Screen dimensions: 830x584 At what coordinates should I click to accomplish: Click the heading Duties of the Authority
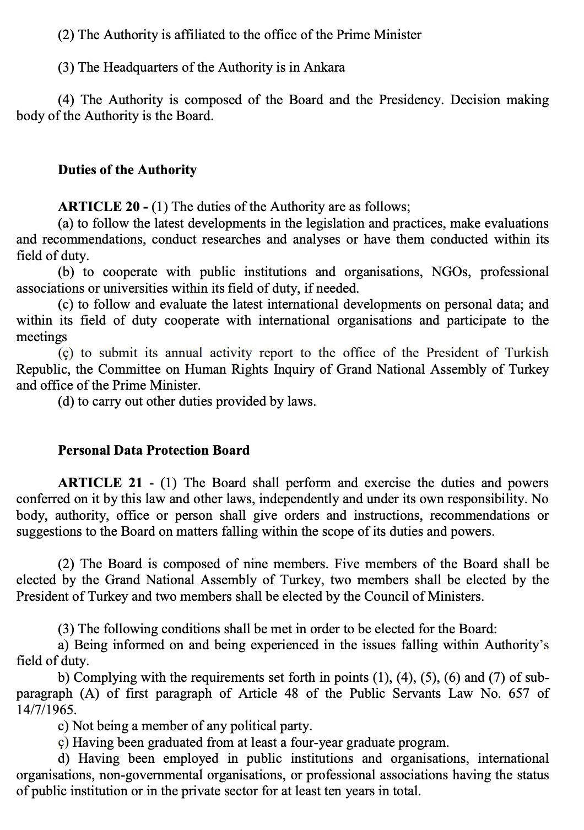127,170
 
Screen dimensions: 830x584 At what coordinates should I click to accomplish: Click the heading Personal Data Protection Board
154,450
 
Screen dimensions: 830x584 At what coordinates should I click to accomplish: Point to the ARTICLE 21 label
100,483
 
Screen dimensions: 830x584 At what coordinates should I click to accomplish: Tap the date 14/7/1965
46,710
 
